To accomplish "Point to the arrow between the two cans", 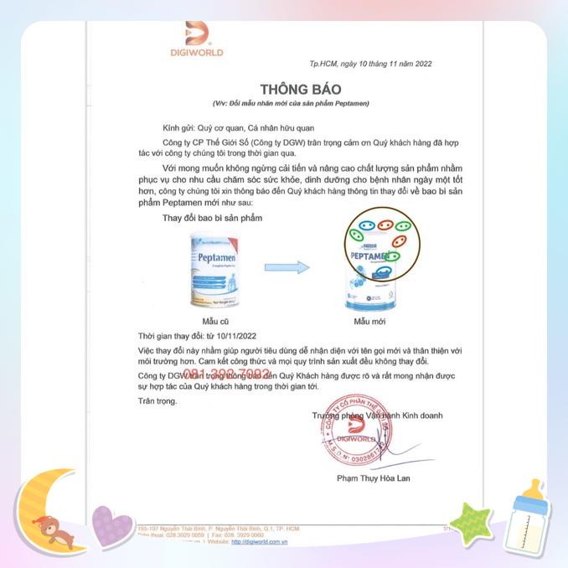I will [287, 267].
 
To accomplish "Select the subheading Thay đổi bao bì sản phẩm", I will [212, 218].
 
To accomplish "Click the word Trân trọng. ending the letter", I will [157, 401].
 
